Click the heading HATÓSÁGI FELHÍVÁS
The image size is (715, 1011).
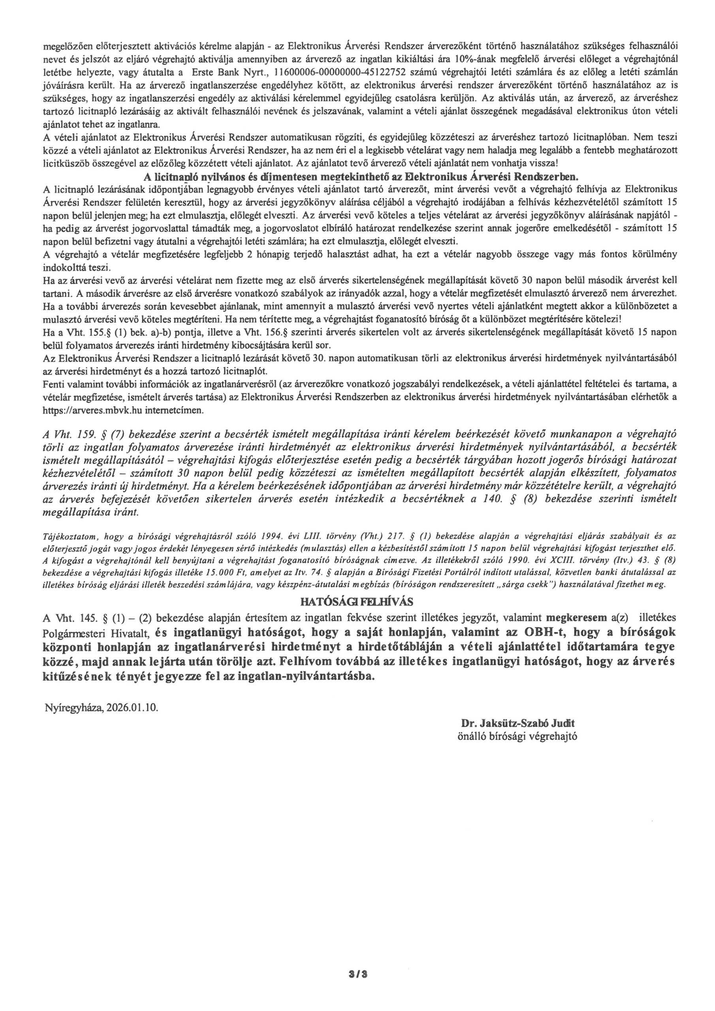(357, 602)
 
